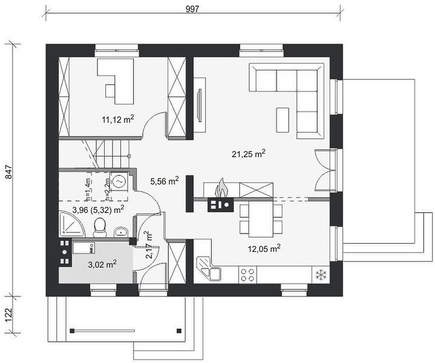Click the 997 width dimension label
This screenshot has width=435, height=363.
(x=192, y=9)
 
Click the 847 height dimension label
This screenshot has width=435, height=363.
(x=9, y=172)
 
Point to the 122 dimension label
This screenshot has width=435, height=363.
(x=9, y=315)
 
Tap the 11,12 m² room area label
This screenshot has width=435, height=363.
(x=118, y=119)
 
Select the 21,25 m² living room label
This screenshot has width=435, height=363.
(x=249, y=154)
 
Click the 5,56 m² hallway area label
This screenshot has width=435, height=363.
(x=164, y=181)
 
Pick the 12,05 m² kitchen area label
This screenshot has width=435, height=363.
(x=264, y=249)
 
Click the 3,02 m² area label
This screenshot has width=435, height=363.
(x=102, y=264)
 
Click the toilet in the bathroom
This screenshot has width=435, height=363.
(x=100, y=227)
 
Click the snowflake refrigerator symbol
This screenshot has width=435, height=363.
(x=321, y=275)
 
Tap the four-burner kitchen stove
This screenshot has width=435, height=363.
(x=247, y=275)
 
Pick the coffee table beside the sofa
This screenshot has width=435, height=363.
(x=283, y=120)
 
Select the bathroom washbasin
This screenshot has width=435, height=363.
(x=121, y=232)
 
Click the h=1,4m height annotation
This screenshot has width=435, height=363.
(x=88, y=189)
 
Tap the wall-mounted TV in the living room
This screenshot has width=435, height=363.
(x=199, y=105)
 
